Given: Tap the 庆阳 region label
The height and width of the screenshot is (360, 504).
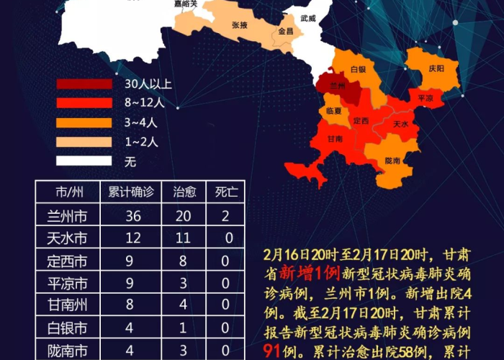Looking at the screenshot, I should [x=436, y=68].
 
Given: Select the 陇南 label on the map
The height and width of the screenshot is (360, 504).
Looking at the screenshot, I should [x=392, y=160].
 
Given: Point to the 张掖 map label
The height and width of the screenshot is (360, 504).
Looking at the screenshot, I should [x=240, y=25].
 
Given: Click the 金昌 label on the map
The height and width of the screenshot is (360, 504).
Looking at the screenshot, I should [x=285, y=32].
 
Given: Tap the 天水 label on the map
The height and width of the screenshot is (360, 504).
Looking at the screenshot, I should [x=401, y=123].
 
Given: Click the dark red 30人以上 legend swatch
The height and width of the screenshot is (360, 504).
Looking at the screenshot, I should [x=84, y=84].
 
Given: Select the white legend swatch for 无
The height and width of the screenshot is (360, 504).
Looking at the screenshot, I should [x=84, y=161].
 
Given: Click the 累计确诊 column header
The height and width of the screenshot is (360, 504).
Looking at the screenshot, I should [x=131, y=192].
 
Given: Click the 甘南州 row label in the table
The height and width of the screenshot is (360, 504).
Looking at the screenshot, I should [x=72, y=305].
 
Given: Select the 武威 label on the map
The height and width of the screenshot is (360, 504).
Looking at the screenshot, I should [x=309, y=18].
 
